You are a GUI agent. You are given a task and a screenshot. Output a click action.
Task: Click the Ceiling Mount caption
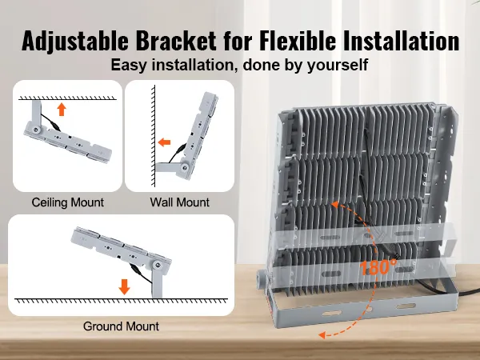click(x=67, y=202)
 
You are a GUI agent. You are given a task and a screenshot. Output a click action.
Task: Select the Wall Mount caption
click(x=179, y=202)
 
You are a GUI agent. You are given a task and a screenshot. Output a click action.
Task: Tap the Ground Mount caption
click(x=121, y=326)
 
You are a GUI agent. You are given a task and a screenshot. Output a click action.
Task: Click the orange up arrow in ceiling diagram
click(x=61, y=110)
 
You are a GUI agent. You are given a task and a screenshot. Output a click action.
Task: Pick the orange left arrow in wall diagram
click(x=165, y=143)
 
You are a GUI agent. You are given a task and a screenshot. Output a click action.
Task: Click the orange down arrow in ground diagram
click(x=124, y=285)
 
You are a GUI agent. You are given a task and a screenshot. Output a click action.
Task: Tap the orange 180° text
click(x=378, y=266)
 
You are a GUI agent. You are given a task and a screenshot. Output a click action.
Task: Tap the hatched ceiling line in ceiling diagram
click(x=67, y=97)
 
